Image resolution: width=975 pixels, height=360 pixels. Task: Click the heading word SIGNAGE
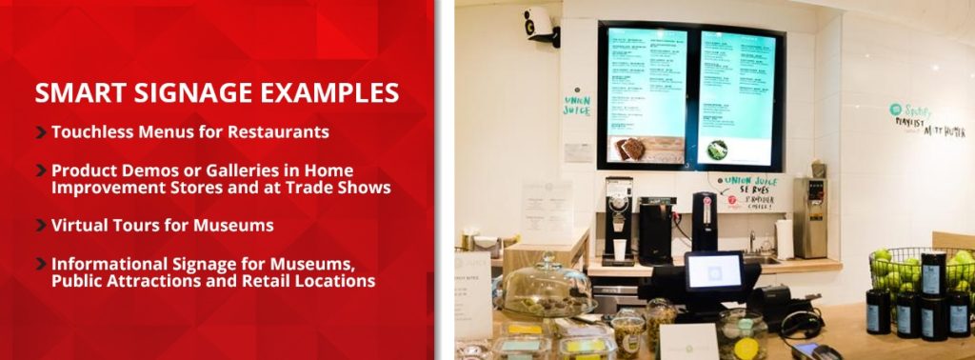pos(198,93)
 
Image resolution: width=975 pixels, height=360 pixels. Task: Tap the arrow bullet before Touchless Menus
pos(41,132)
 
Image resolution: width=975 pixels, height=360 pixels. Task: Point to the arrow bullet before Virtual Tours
pos(41,226)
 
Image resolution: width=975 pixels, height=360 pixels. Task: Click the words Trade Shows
pos(341,188)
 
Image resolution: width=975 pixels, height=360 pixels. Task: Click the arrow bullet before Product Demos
pos(41,170)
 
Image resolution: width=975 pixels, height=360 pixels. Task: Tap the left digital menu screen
pos(647,95)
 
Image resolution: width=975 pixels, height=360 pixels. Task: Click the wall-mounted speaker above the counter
pos(539,24)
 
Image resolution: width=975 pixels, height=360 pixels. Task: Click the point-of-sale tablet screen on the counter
pos(713,272)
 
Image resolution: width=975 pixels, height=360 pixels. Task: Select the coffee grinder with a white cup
pos(617,219)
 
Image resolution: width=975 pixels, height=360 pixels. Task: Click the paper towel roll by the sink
pos(784,239)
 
